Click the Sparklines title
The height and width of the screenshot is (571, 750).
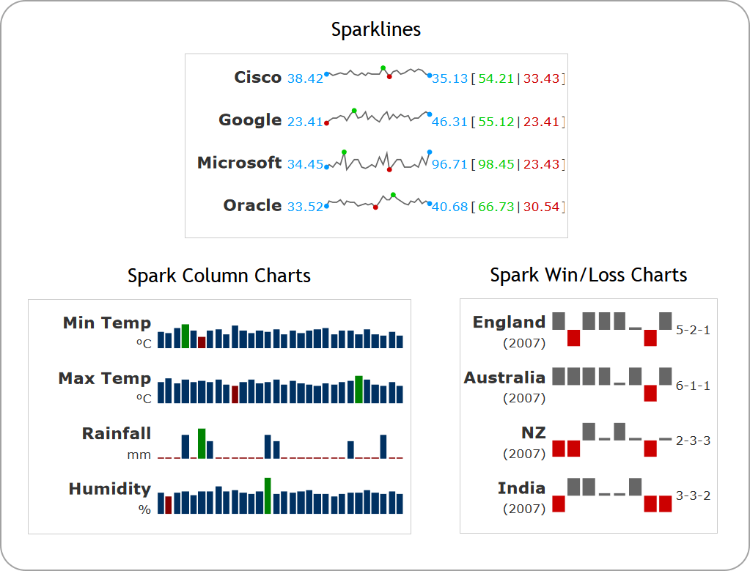[375, 29]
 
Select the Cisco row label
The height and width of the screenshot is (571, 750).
[257, 78]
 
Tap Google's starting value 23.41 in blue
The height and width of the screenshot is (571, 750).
[305, 122]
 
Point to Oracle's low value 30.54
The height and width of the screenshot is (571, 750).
[541, 207]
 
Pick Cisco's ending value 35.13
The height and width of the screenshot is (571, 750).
[449, 79]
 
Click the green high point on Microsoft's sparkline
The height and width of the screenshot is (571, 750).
[344, 152]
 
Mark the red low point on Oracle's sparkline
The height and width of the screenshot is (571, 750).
[375, 207]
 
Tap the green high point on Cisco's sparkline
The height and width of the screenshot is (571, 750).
[383, 68]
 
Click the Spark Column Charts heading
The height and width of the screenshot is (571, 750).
[218, 276]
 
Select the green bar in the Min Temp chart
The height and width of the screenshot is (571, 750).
[185, 336]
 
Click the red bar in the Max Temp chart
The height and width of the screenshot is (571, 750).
[235, 394]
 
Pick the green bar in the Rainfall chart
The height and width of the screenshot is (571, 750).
[202, 443]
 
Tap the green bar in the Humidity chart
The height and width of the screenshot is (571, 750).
[268, 496]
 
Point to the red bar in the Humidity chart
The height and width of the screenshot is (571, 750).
[169, 504]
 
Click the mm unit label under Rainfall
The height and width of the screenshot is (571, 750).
[139, 454]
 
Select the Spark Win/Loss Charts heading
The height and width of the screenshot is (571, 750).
[588, 275]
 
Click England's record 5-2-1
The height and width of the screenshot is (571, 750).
[693, 330]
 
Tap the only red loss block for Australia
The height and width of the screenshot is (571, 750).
[650, 393]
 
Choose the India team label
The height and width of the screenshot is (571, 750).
[521, 488]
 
